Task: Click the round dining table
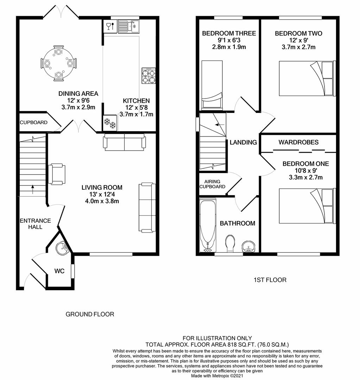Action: click(58, 63)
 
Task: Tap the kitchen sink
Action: click(128, 26)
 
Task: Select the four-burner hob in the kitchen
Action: click(149, 76)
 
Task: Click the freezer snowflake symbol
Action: click(110, 123)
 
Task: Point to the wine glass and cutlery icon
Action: click(110, 26)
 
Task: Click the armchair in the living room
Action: click(57, 174)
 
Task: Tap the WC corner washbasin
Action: click(63, 248)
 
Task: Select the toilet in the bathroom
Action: click(230, 243)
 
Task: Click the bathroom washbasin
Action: click(248, 247)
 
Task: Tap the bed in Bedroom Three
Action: click(212, 85)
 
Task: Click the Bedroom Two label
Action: click(298, 33)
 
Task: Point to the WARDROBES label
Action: click(298, 142)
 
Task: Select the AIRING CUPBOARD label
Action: click(212, 184)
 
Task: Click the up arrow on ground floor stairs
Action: click(33, 190)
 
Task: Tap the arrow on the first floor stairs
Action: click(220, 125)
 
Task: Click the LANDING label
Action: click(243, 142)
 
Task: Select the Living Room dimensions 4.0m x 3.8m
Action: click(102, 201)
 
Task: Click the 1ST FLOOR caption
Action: click(270, 280)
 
